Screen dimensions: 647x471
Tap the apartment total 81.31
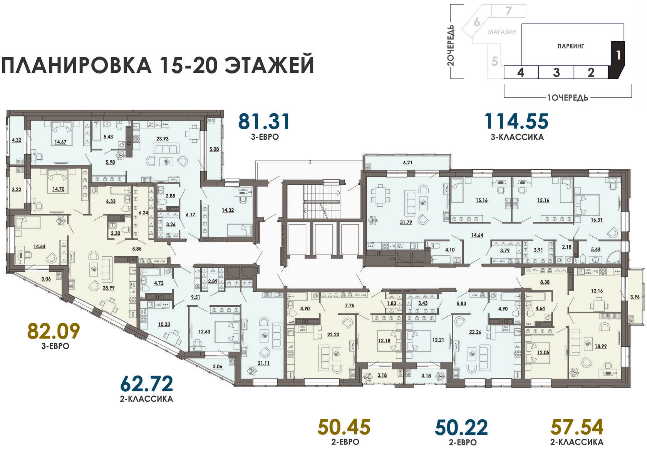coord(264,122)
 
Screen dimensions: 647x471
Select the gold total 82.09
coord(54,331)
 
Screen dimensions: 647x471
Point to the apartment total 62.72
coord(146,384)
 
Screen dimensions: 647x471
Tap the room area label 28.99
coord(109,288)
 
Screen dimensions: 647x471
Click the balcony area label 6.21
coord(407,162)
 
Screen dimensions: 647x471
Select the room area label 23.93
coord(163,139)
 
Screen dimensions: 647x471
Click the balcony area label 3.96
coord(635,297)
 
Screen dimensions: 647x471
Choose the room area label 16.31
coord(597,220)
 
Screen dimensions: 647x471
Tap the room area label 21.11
coord(263,363)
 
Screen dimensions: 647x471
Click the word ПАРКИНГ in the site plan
coord(571,46)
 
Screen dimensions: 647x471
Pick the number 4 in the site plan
coord(521,72)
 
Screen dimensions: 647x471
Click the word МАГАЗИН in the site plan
coord(502,32)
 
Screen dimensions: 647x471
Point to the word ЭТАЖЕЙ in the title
coord(269,65)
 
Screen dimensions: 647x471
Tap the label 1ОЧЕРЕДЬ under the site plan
coord(568,98)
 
